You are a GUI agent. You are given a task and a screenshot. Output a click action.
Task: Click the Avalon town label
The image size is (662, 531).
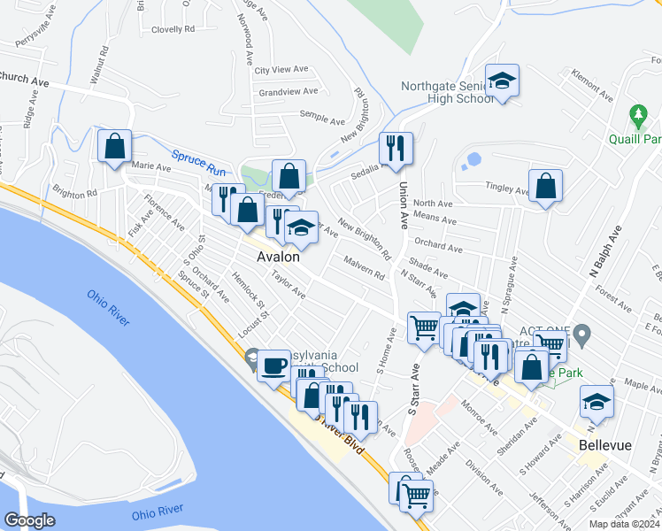(x=277, y=258)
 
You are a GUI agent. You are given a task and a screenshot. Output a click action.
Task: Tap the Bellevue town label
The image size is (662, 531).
(x=605, y=445)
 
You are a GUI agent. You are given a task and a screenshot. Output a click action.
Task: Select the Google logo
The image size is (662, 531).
(x=30, y=520)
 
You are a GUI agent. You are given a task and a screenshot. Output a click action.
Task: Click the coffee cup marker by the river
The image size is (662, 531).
(x=273, y=365)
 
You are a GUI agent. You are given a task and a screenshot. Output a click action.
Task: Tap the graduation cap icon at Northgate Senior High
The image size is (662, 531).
(x=503, y=81)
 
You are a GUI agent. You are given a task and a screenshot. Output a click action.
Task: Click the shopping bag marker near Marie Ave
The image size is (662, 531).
(x=115, y=146)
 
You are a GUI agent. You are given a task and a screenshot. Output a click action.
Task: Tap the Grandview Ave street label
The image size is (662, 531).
(x=288, y=91)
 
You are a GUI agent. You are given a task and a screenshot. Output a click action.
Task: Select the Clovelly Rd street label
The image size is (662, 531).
(x=173, y=29)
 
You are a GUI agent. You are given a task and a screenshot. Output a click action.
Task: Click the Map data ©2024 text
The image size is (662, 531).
(x=623, y=524)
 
